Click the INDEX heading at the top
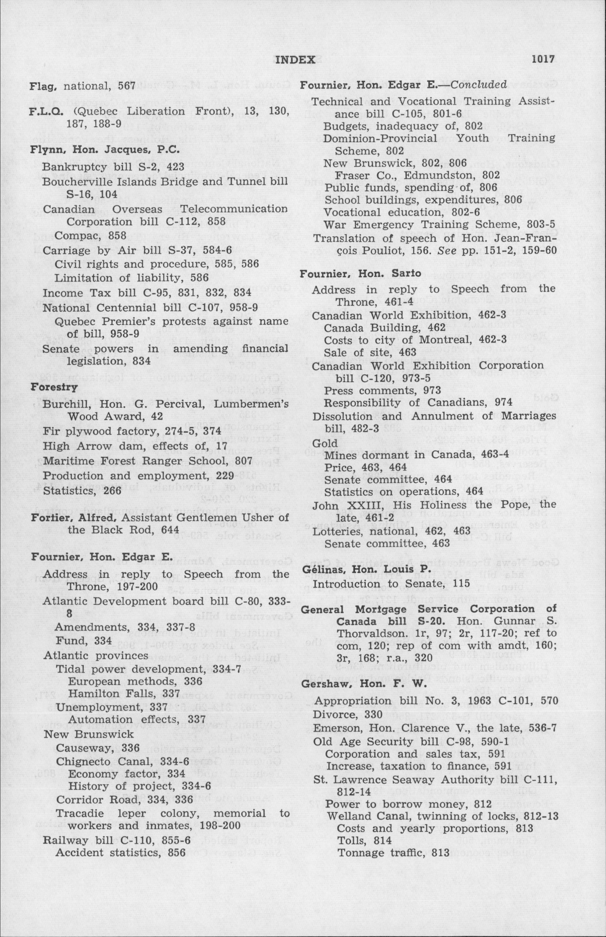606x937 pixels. [x=295, y=60]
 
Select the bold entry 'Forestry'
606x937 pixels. [x=54, y=387]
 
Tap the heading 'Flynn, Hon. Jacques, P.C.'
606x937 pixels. [x=105, y=150]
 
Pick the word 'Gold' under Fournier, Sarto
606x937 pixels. [x=325, y=443]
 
